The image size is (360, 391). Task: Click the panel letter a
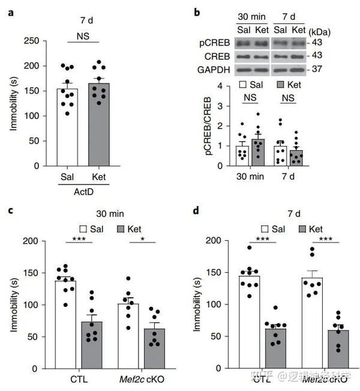10,11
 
